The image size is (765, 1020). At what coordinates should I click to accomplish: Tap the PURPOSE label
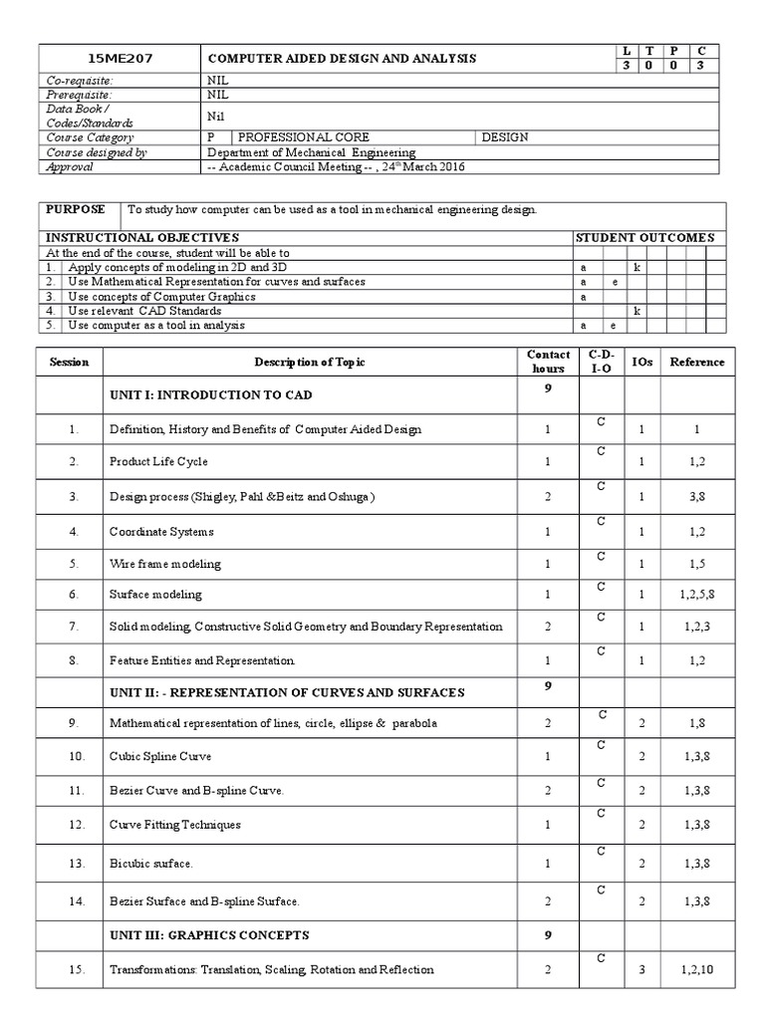click(x=73, y=210)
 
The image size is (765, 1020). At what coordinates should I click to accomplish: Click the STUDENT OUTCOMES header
click(x=644, y=238)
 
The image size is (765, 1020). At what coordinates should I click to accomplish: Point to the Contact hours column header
click(x=548, y=362)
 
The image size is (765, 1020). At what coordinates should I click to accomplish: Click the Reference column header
click(x=696, y=362)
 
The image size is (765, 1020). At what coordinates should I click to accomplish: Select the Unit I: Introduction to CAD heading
click(x=210, y=395)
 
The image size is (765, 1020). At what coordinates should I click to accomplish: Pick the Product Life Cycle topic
click(x=158, y=462)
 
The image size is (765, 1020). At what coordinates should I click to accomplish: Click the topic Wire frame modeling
click(x=164, y=564)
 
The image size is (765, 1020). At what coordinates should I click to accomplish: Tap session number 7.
click(x=73, y=627)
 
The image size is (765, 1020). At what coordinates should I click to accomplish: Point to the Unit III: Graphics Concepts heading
click(x=209, y=935)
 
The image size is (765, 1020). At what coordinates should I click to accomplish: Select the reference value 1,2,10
click(x=696, y=969)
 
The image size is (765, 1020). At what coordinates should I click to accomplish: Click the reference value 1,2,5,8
click(x=696, y=595)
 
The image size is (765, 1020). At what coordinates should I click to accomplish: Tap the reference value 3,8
click(x=696, y=496)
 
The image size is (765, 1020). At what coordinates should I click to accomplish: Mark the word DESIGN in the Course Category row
click(x=505, y=137)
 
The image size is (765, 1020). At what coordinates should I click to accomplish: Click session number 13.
click(x=73, y=862)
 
